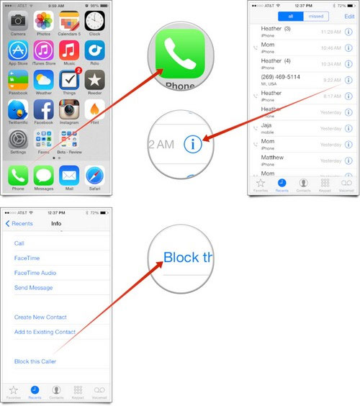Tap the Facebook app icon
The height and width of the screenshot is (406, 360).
coord(44,110)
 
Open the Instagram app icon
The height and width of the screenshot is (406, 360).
coord(69,110)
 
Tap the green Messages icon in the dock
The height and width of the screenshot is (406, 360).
coord(44,175)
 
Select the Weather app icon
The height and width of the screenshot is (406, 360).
coord(44,79)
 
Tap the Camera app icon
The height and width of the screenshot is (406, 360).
coord(18,20)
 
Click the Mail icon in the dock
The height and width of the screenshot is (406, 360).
coord(69,175)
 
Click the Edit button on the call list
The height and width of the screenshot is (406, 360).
coord(349,16)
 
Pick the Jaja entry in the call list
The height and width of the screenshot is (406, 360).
coord(267,125)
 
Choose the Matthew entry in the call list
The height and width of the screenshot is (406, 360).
coord(272,158)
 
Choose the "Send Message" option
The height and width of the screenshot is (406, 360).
coord(33,288)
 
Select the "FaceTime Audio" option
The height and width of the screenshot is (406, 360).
coord(35,273)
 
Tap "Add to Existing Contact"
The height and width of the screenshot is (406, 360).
coord(45,332)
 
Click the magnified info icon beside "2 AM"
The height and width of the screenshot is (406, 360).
coord(192,143)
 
